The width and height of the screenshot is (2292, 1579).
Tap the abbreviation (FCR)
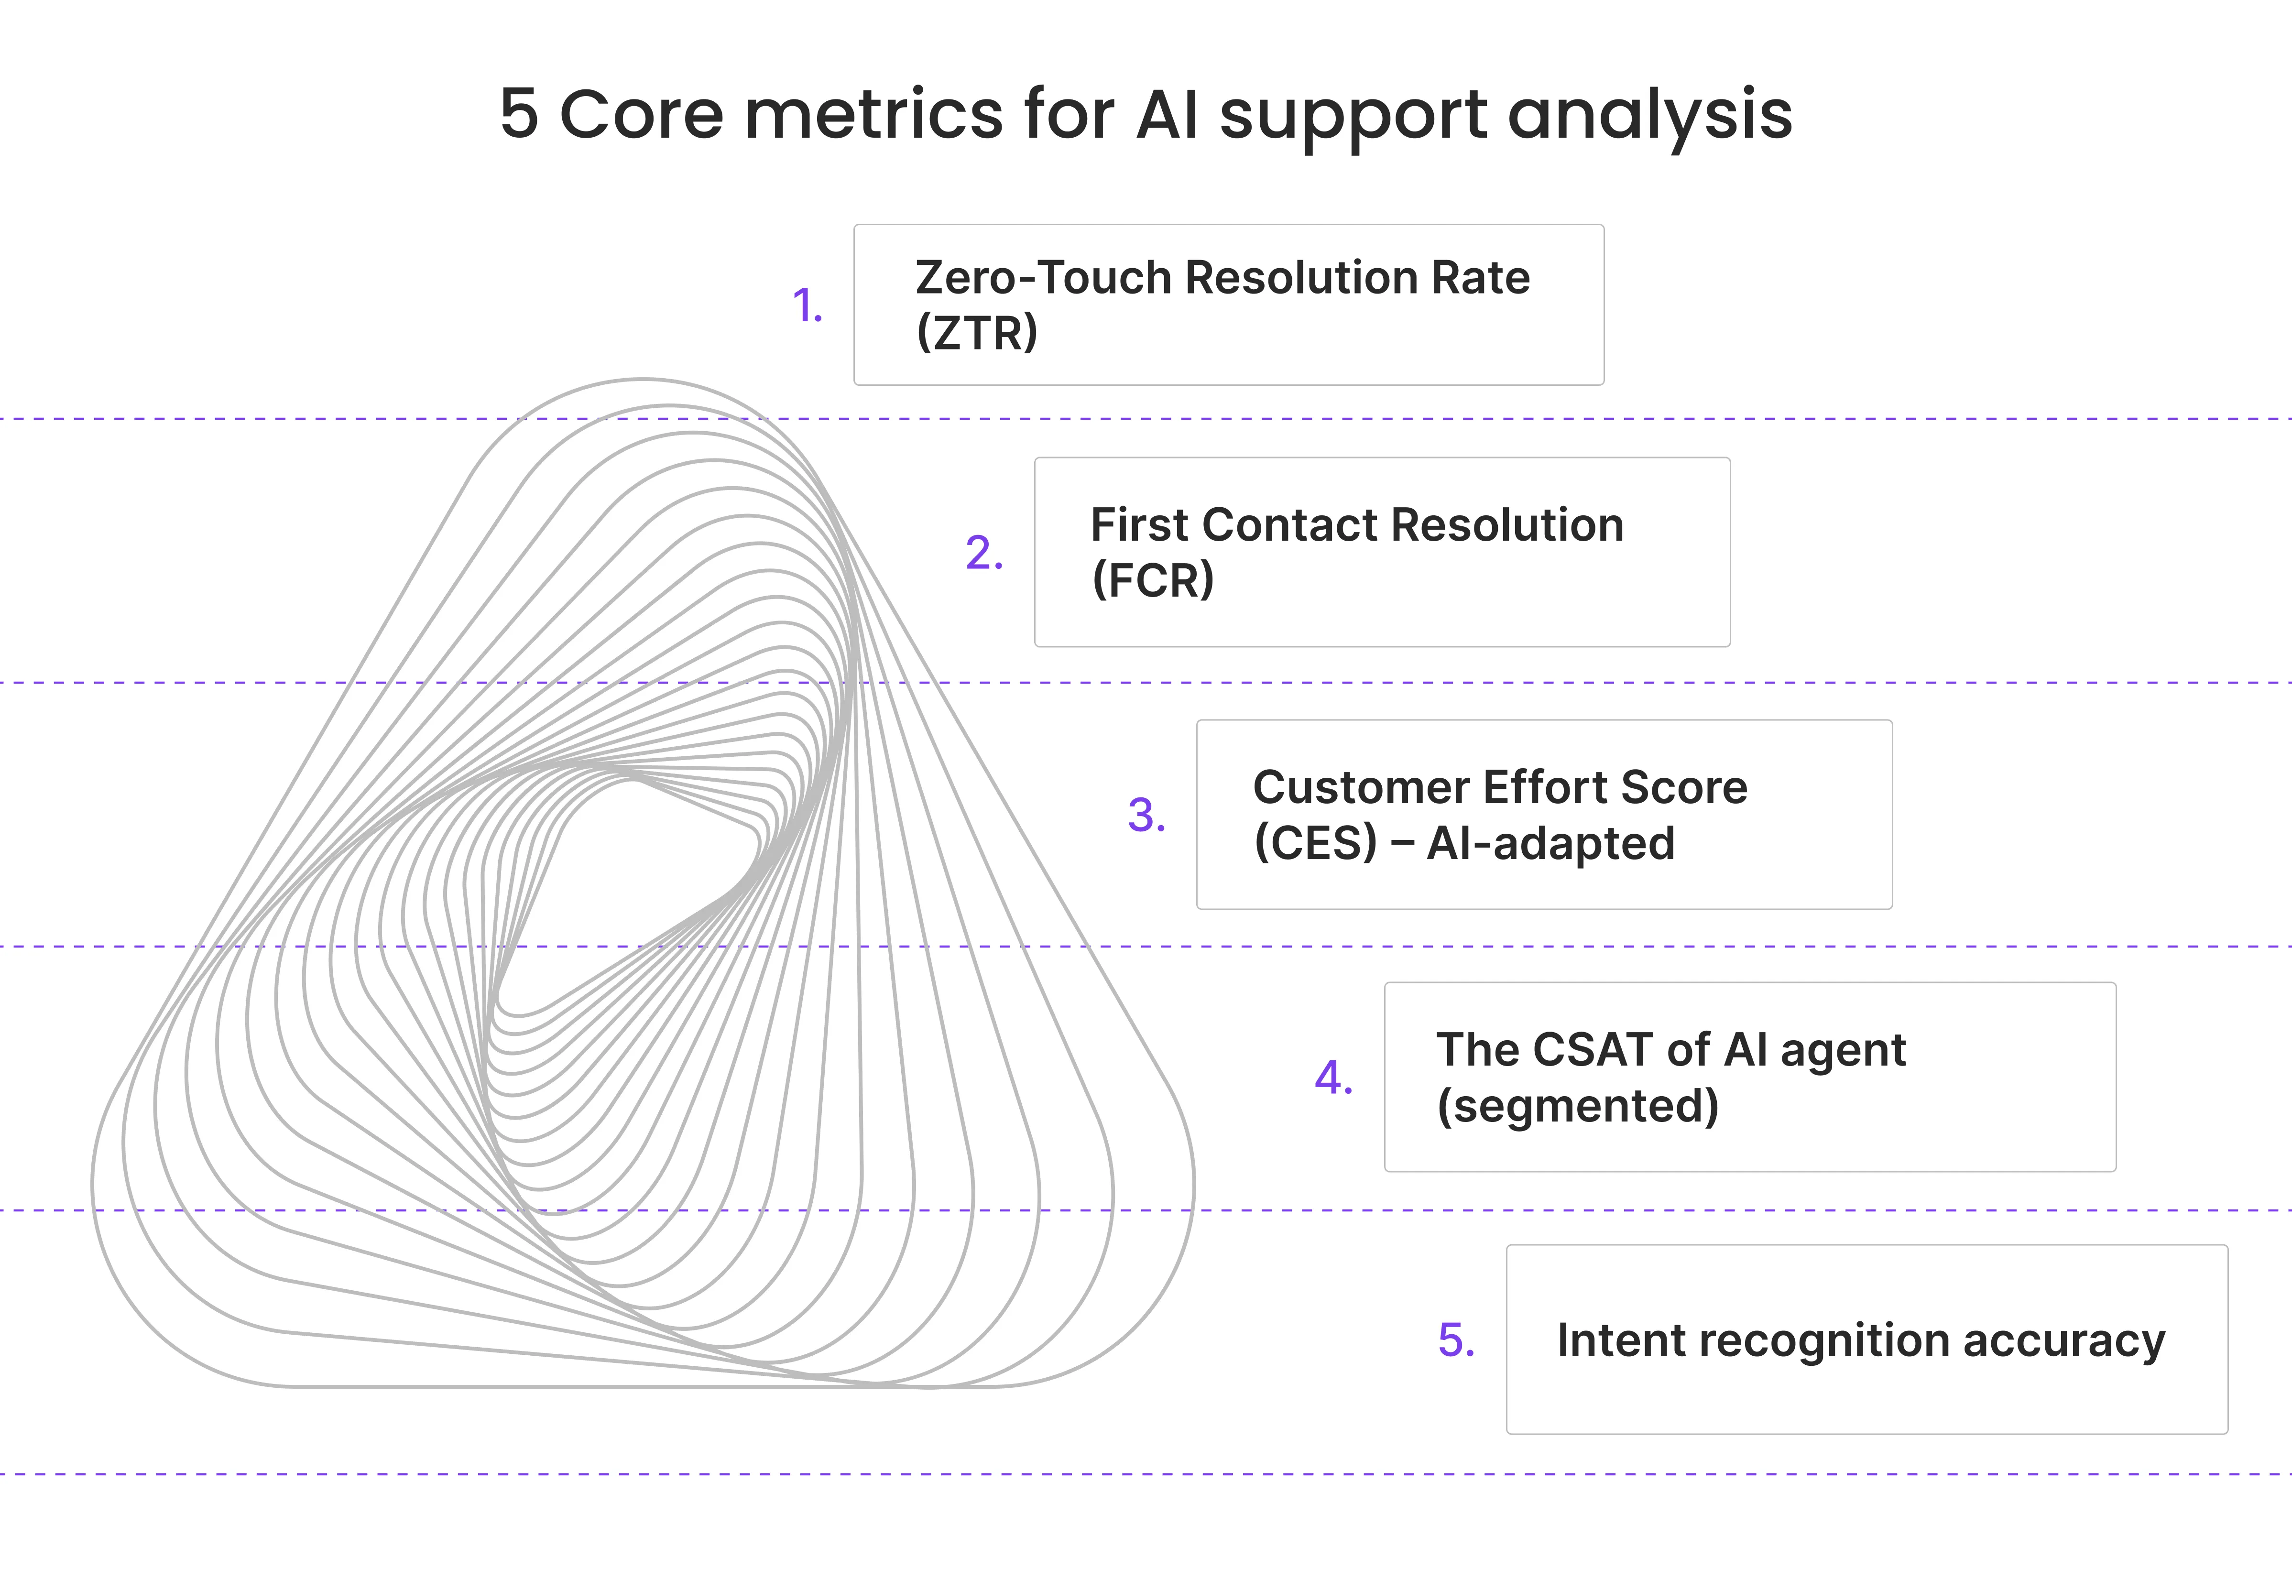[x=1152, y=580]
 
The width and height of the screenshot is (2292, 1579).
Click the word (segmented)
[x=1578, y=1106]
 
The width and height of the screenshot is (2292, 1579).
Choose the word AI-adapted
[x=1550, y=843]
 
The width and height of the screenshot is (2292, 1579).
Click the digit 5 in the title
[x=519, y=114]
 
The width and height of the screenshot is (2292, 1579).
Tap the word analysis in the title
[x=1650, y=119]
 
